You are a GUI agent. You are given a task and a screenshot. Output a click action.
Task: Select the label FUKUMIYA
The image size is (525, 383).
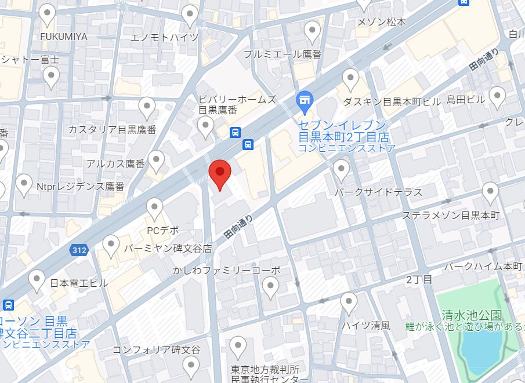[x=64, y=37]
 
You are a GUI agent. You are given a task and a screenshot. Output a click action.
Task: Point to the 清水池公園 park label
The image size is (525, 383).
[x=472, y=316]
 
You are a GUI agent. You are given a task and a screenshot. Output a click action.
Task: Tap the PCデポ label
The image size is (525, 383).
[x=162, y=230]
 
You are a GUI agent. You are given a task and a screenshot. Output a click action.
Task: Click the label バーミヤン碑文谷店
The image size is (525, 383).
[x=168, y=248]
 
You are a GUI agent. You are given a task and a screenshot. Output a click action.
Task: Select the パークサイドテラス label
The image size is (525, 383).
[x=378, y=192]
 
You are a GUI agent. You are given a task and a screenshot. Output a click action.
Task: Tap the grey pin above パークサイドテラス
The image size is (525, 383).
[x=341, y=170]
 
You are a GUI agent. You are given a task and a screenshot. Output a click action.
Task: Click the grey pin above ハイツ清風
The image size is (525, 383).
[x=349, y=302]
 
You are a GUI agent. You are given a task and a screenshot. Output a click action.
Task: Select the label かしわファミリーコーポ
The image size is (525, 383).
[x=226, y=270]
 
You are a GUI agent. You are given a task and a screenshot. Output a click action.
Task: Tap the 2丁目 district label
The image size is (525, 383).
[x=419, y=280]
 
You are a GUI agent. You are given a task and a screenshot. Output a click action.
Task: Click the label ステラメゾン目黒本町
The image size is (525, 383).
[x=451, y=216]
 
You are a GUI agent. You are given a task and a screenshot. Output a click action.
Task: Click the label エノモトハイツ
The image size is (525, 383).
[x=165, y=38]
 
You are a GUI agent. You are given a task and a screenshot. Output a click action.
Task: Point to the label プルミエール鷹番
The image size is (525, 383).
[x=283, y=54]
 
